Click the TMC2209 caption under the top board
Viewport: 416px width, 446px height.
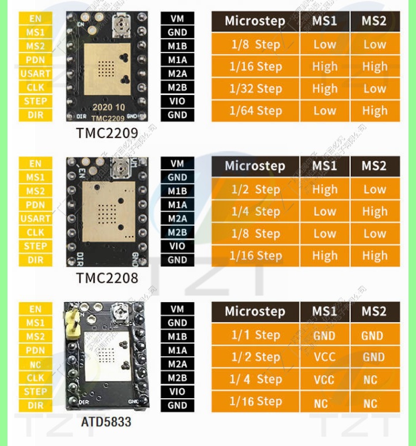[107, 134]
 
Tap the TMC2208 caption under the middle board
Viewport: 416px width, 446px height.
[107, 279]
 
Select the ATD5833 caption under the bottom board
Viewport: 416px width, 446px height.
[106, 422]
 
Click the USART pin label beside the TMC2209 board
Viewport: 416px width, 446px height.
[35, 74]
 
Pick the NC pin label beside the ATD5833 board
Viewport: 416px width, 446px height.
[35, 364]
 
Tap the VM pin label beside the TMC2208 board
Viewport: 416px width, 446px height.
[177, 164]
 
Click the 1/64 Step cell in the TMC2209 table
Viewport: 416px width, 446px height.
[255, 110]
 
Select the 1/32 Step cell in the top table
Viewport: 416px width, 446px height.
[255, 89]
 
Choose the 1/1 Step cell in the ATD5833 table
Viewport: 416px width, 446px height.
[255, 335]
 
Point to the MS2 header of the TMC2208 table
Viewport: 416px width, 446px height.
[374, 166]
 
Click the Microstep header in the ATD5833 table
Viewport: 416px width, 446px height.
[255, 311]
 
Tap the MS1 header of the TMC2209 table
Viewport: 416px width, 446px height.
[324, 21]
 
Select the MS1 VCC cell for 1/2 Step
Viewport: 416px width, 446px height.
[324, 357]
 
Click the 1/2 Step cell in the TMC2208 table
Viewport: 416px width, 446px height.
[255, 189]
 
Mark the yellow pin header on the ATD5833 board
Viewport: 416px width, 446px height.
[73, 322]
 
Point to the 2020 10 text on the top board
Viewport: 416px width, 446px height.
[108, 107]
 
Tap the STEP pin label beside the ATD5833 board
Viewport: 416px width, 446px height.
[35, 392]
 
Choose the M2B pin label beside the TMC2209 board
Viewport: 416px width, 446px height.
[177, 87]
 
